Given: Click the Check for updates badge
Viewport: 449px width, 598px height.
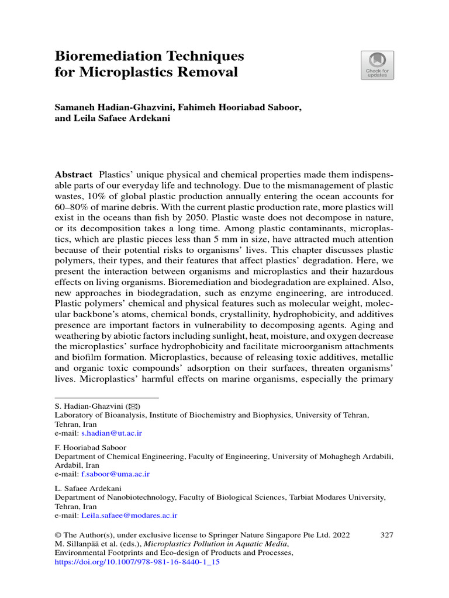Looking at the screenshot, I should [377, 65].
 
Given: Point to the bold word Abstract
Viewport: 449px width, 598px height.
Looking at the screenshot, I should [73, 175].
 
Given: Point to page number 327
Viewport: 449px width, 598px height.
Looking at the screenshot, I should [386, 534].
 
